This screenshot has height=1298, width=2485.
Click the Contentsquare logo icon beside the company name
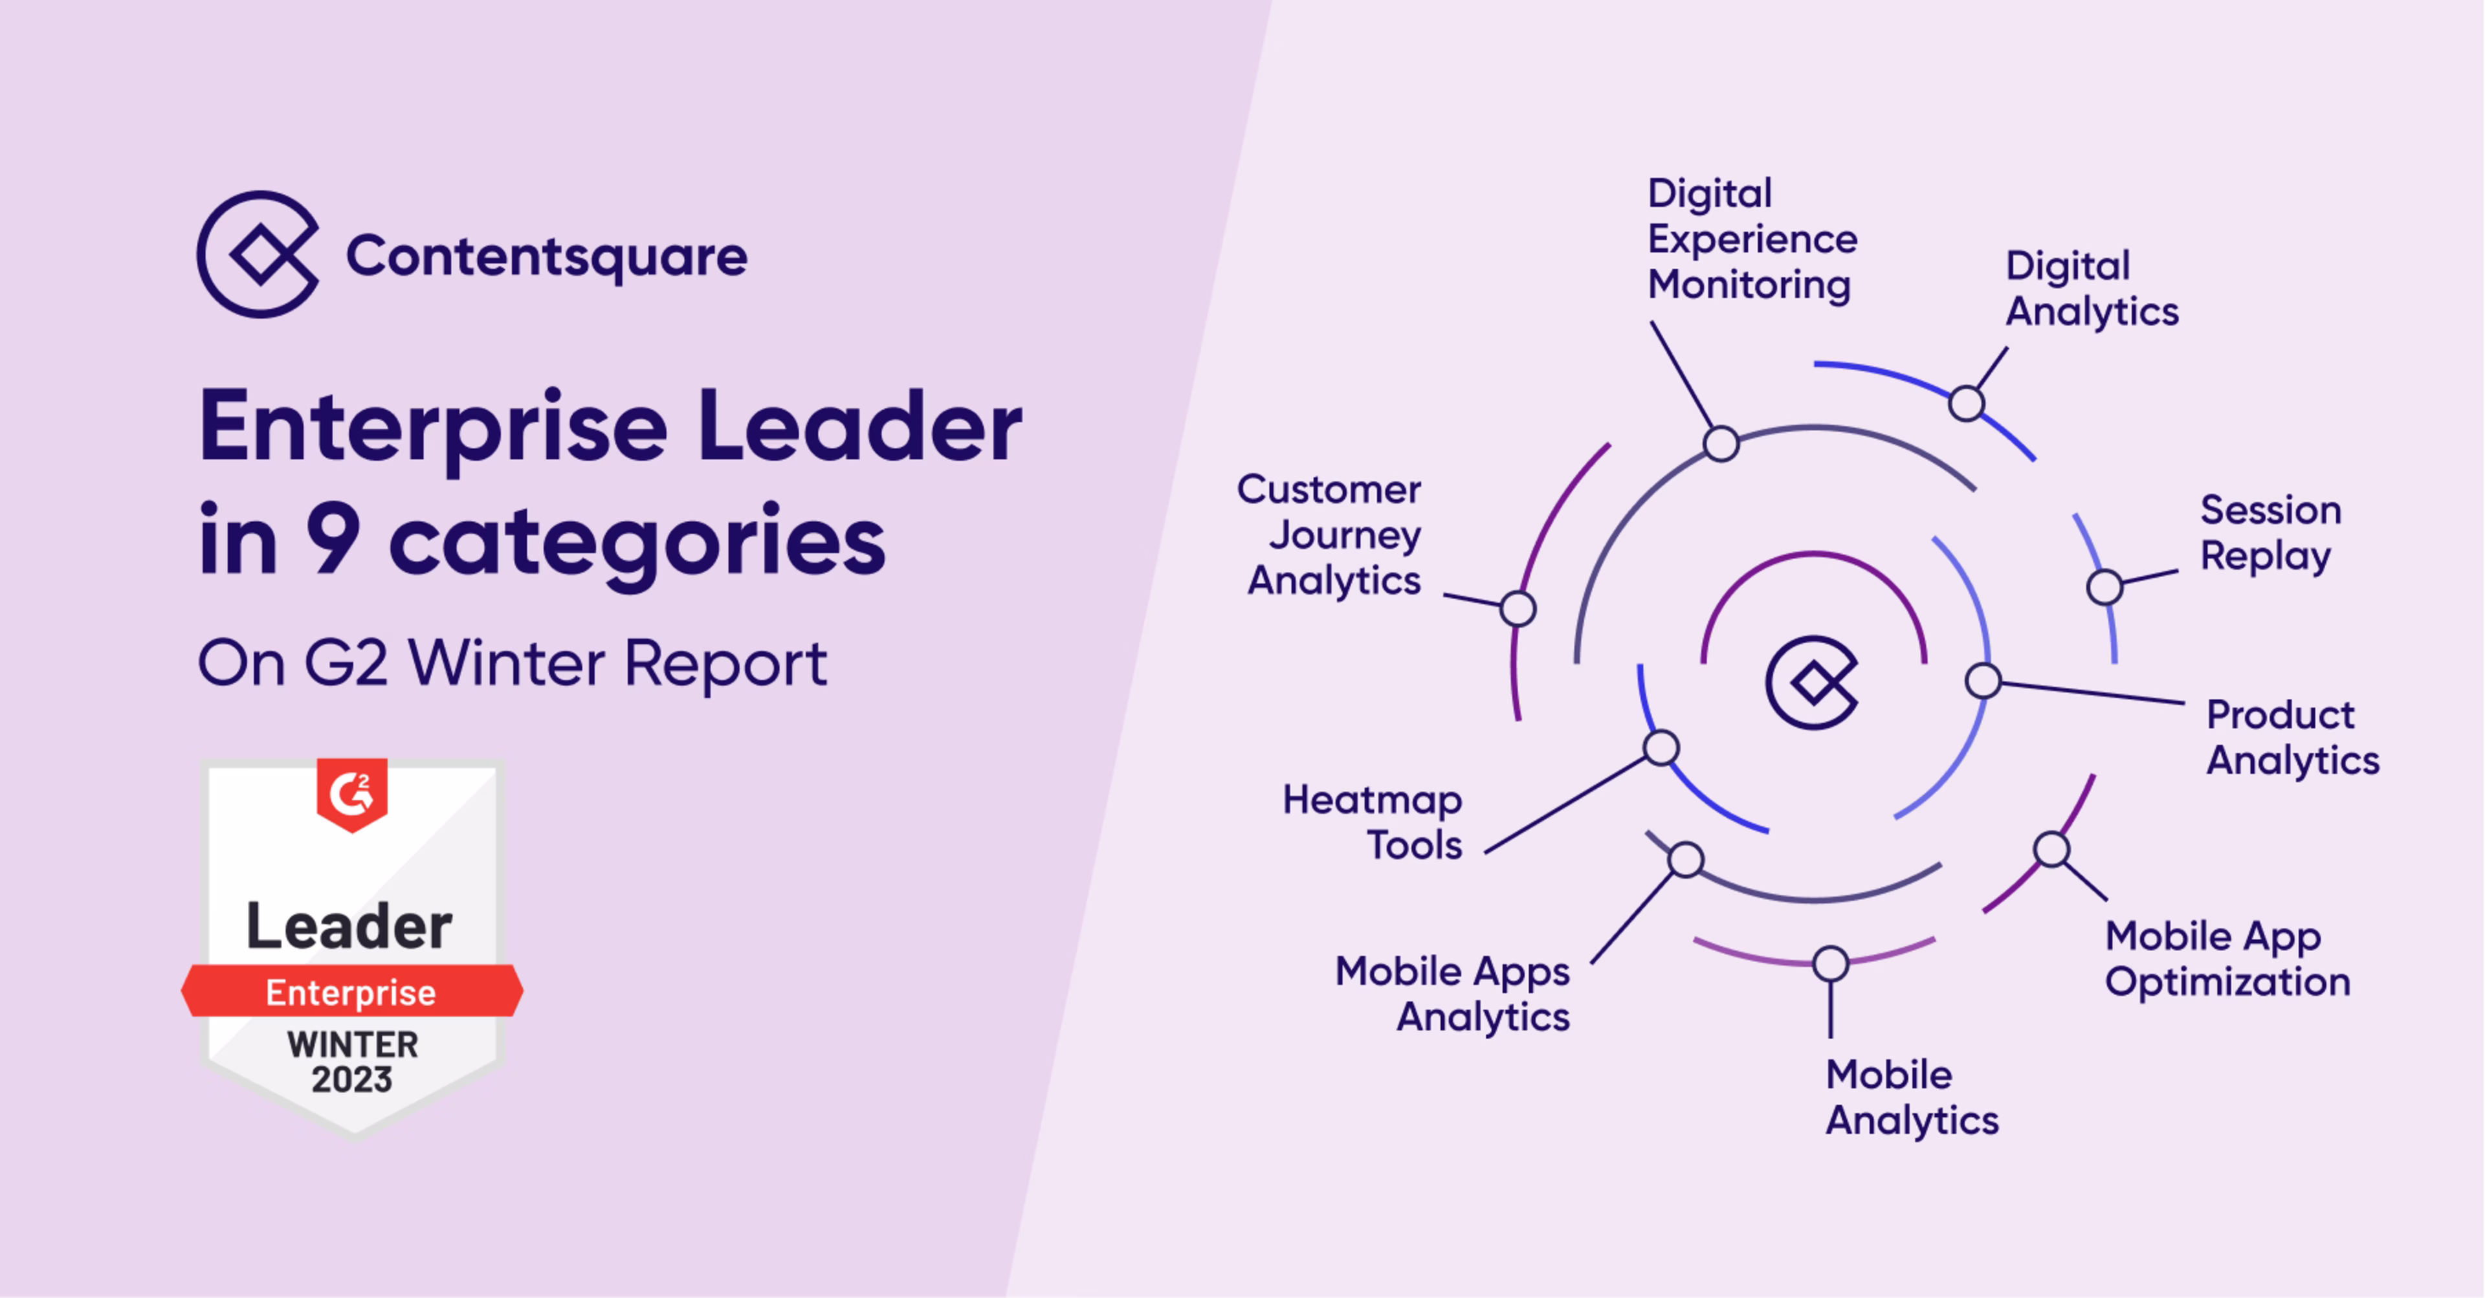coord(258,254)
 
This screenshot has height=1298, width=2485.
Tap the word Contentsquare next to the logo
coord(546,256)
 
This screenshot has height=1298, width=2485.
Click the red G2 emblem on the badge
coord(352,794)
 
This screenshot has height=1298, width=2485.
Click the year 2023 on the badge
coord(352,1079)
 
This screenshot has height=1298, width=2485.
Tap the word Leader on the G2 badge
coord(349,927)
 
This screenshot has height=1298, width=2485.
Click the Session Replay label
coord(2270,533)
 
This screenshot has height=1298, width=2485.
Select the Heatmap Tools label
coord(1373,822)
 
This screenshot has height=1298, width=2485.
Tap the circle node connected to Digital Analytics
coord(1966,403)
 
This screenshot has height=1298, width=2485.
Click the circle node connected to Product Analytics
coord(1982,681)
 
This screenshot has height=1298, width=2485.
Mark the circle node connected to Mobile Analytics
coord(1830,963)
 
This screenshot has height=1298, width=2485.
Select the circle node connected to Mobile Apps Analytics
coord(1685,859)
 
